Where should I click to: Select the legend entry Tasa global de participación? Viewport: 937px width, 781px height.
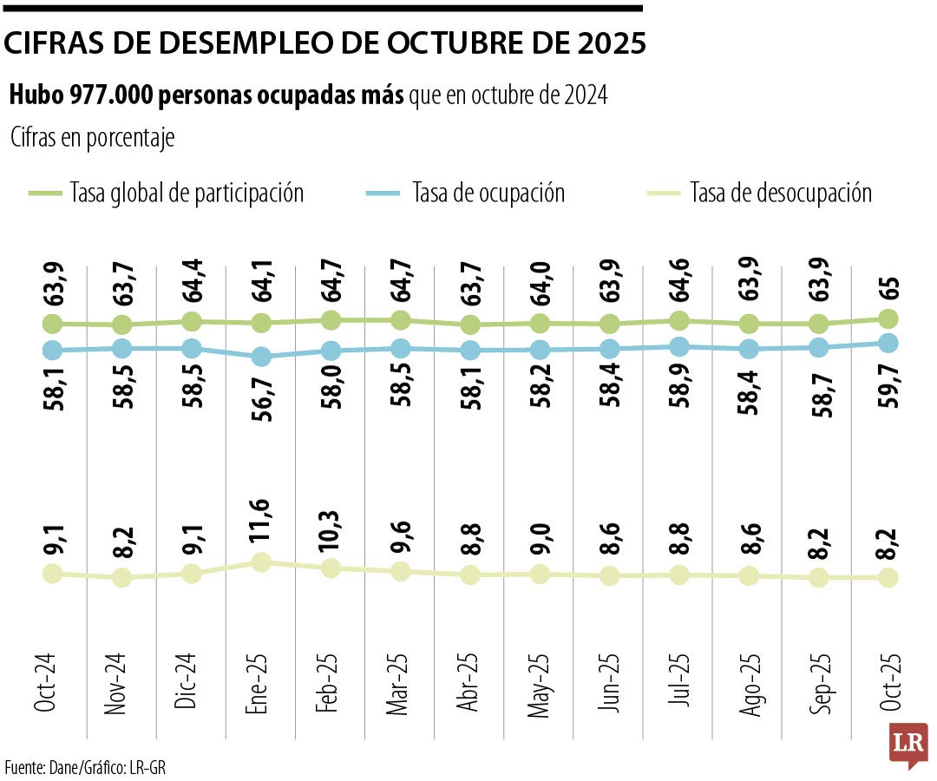coord(187,192)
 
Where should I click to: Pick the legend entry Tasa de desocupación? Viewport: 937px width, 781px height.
coord(780,192)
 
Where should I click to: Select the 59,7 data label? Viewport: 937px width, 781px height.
coord(888,390)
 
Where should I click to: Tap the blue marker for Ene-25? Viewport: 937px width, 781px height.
coord(261,356)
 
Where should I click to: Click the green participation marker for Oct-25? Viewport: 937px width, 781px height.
coord(888,318)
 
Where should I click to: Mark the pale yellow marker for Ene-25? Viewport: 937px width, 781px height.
coord(261,562)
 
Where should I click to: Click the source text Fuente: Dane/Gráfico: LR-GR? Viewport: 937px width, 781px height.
coord(85,767)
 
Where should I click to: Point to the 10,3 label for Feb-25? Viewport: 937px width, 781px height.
coord(331,527)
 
